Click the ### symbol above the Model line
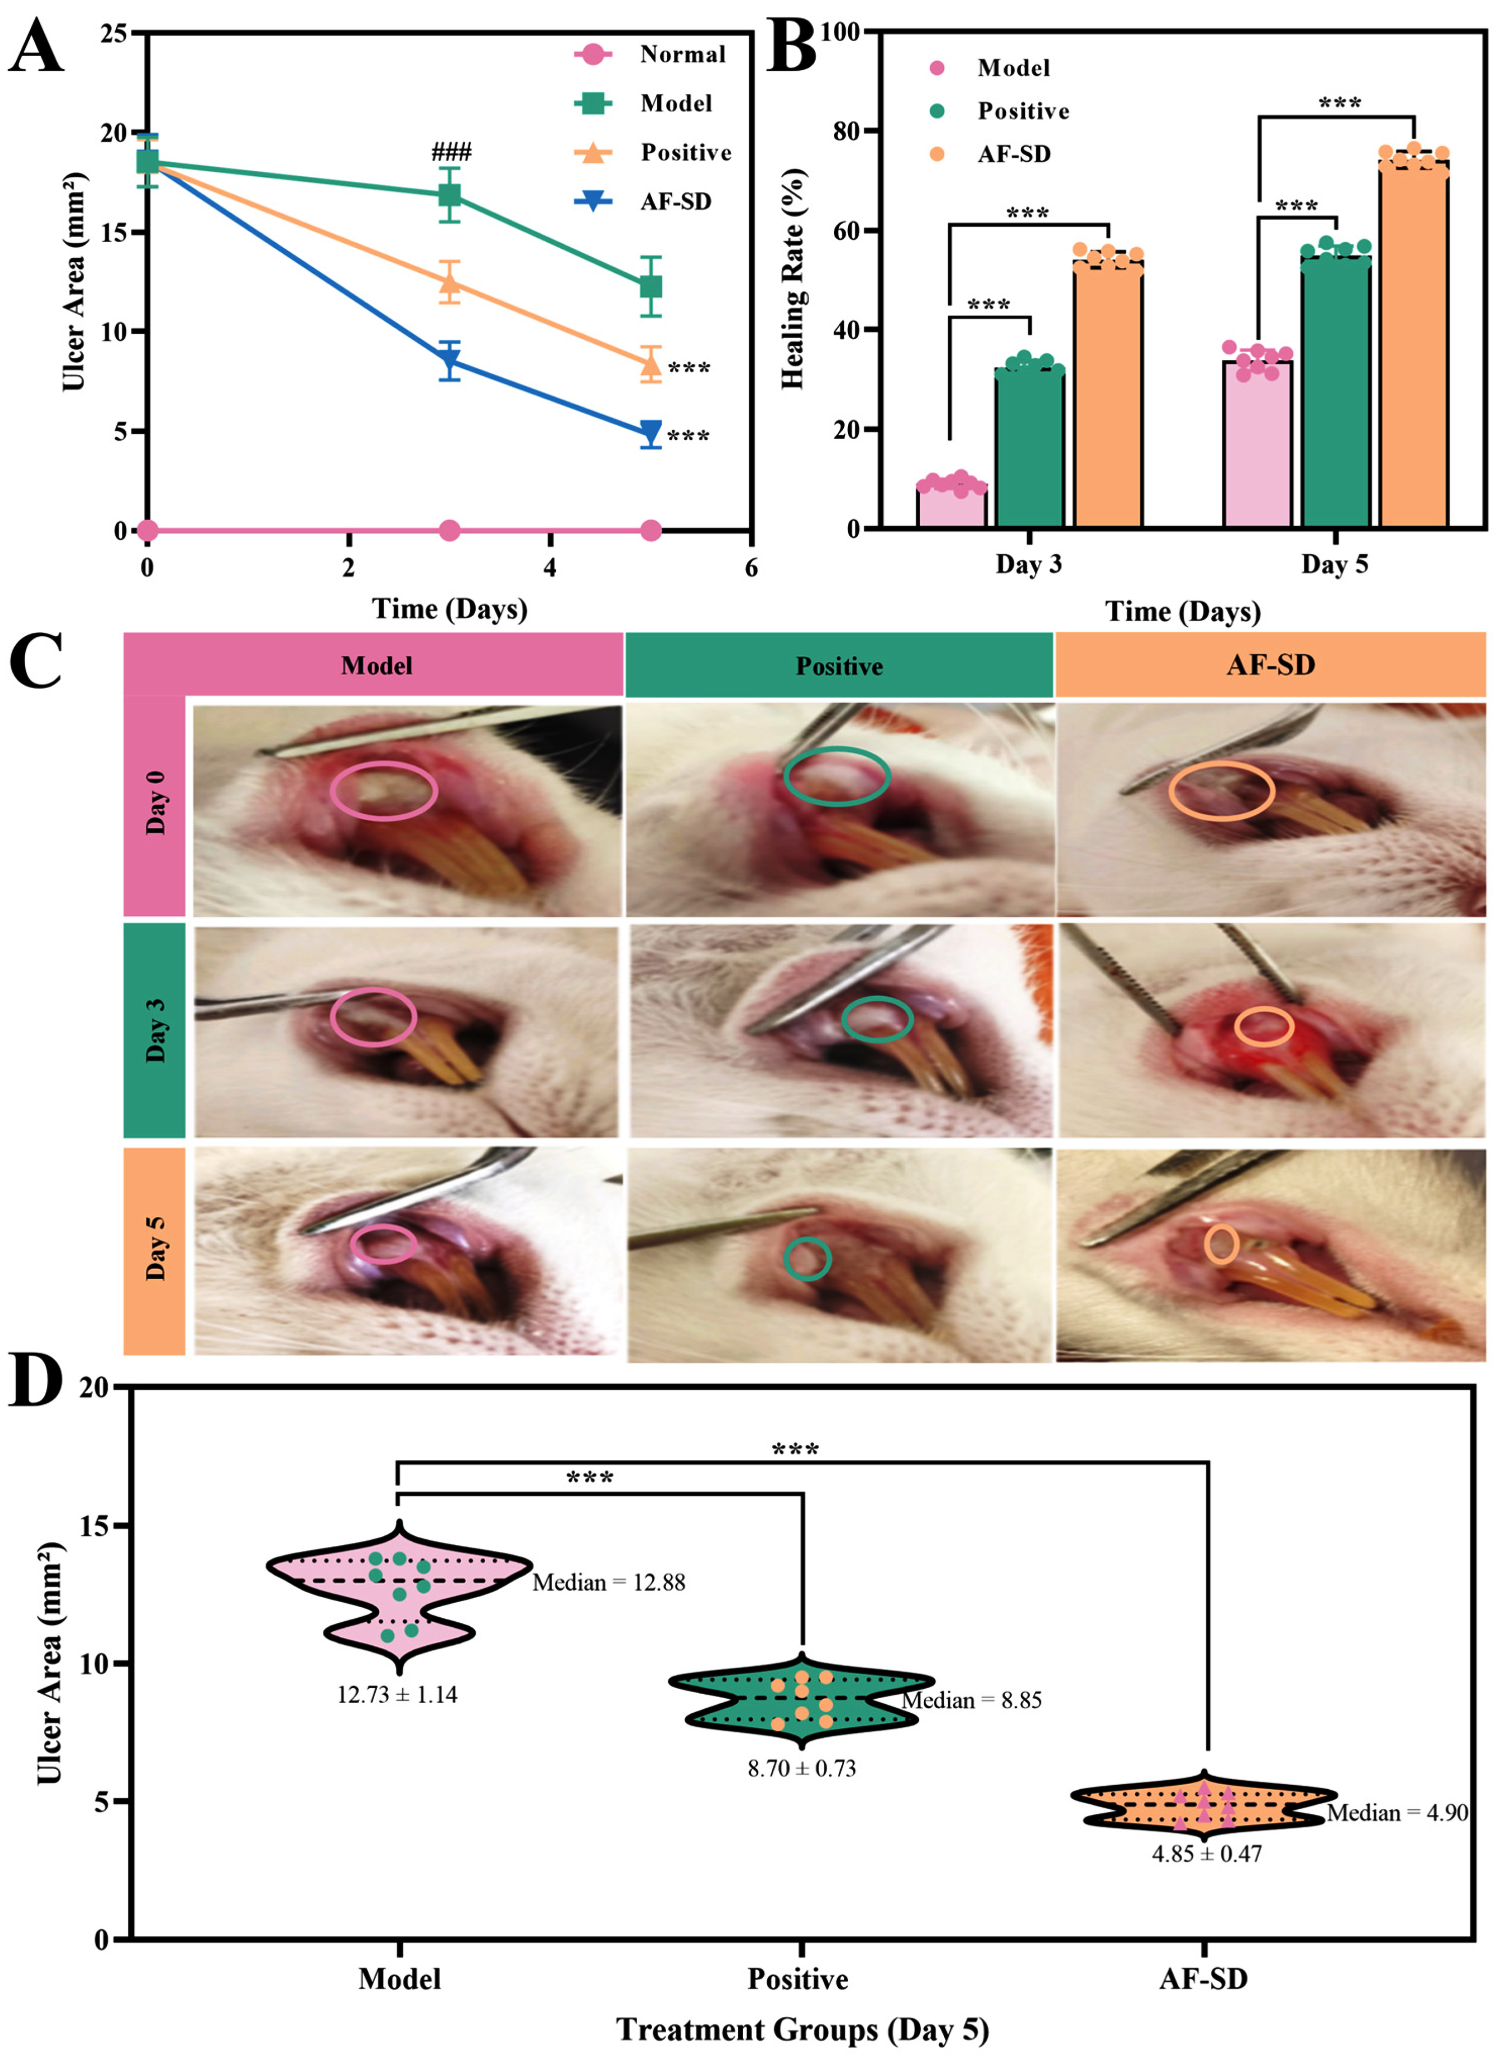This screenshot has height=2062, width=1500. click(x=451, y=152)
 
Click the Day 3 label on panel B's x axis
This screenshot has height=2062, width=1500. click(x=1028, y=564)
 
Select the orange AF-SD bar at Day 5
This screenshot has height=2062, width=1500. click(x=1413, y=345)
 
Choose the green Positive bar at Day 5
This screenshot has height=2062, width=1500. click(x=1335, y=391)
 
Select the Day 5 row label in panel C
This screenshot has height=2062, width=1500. click(x=156, y=1250)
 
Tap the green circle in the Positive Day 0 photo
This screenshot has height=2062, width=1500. click(x=836, y=775)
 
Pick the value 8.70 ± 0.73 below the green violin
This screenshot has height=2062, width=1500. click(x=801, y=1768)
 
